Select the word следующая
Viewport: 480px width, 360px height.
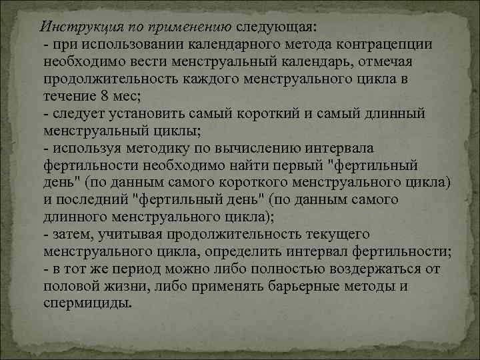click(277, 27)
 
